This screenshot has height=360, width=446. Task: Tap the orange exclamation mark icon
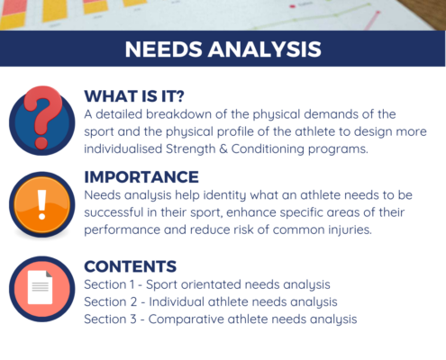[x=42, y=204]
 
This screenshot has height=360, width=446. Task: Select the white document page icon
[x=40, y=287]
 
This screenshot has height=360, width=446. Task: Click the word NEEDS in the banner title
[x=163, y=49]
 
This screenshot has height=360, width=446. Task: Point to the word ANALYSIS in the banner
[x=265, y=49]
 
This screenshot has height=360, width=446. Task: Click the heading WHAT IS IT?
[x=134, y=96]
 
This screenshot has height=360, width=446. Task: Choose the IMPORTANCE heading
[x=141, y=176]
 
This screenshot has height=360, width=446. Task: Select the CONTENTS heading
[x=131, y=266]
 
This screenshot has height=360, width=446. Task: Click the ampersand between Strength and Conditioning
[x=223, y=148]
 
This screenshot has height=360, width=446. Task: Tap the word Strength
[x=191, y=148]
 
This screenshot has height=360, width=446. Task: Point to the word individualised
[x=123, y=148]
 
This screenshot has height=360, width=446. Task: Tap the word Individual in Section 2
[x=177, y=301]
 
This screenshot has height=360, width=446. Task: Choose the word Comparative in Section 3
[x=187, y=319]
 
